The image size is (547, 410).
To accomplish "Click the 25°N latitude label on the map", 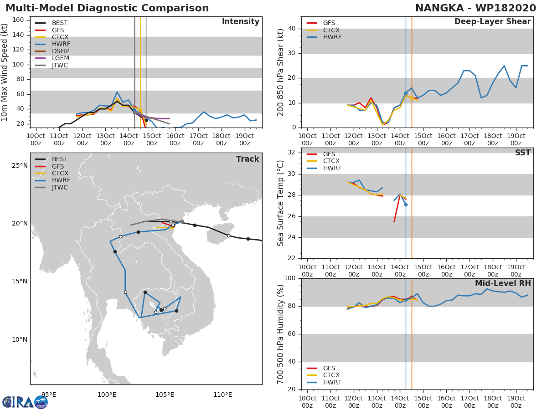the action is (20, 165).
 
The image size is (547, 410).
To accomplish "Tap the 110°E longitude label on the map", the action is (222, 395).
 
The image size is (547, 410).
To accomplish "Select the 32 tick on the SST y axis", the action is (292, 152).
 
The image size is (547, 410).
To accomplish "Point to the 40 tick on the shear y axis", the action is (292, 28).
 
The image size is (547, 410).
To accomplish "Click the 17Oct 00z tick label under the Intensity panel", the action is (198, 139).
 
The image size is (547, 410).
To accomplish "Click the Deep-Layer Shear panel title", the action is (492, 21).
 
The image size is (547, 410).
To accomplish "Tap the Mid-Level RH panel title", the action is (503, 283).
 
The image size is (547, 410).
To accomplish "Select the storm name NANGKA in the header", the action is (439, 8).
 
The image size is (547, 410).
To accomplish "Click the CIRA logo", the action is (25, 402).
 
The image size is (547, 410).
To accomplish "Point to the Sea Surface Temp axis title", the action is (280, 203).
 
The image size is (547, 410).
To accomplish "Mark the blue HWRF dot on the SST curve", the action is (406, 205).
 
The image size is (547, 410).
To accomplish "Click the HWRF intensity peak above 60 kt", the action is (117, 92).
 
